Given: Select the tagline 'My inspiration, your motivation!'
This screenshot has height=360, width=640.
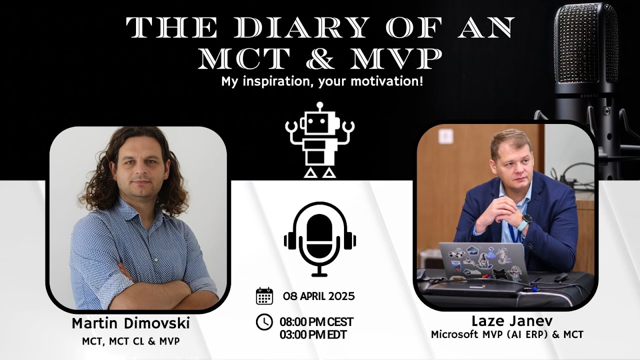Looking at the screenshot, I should click(322, 81).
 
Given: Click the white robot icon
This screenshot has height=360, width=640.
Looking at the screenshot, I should click(320, 140).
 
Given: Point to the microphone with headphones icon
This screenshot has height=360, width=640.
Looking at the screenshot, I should click(320, 239).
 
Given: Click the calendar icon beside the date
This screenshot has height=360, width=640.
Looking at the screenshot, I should click(264, 296).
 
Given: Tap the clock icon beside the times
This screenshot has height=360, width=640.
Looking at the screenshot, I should click(264, 322).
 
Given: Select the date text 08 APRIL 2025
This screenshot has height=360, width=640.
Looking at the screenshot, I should click(318, 296).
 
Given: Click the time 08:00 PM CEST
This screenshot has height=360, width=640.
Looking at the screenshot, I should click(316, 321).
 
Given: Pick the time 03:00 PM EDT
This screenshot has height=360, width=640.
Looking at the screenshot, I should click(312, 334).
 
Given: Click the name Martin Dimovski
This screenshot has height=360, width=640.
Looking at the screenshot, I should click(131, 323).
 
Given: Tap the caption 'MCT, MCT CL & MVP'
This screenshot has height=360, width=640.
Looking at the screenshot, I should click(131, 342).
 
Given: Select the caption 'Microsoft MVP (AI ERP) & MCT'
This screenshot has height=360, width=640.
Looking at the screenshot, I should click(507, 334).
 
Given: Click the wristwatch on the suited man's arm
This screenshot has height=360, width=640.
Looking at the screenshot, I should click(526, 220).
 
